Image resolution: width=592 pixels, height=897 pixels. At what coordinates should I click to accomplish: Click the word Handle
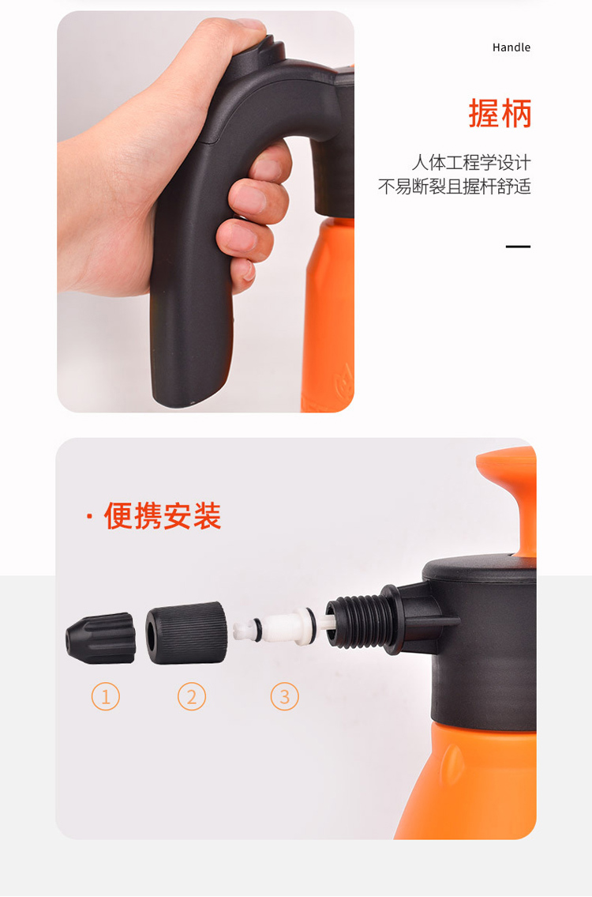(511, 47)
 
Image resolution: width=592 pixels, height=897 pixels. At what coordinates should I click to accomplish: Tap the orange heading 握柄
(500, 113)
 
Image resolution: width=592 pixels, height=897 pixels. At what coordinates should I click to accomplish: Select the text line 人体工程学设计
(471, 163)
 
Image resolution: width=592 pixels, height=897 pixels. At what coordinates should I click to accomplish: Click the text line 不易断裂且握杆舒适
(455, 186)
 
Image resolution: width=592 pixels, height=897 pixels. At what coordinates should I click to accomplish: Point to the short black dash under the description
(518, 247)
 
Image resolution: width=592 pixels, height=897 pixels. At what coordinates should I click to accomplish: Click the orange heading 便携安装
(163, 516)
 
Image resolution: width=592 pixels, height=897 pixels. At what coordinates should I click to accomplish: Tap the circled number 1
(106, 696)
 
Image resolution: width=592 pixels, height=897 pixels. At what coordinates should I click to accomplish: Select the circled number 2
(192, 696)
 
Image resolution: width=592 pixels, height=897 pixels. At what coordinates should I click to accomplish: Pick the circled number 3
(285, 696)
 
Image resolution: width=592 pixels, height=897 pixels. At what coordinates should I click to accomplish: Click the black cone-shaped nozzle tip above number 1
(100, 638)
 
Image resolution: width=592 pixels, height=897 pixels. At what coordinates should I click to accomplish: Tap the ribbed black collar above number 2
(186, 633)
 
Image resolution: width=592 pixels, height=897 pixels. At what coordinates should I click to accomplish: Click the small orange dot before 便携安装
(89, 517)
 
